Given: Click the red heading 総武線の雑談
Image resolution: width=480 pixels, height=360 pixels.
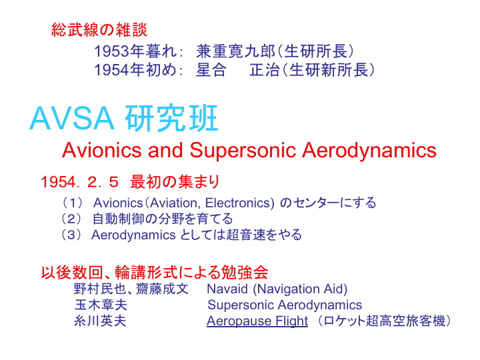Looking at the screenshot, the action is coord(99,30).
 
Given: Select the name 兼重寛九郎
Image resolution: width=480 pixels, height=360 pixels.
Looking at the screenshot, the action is coord(236,51).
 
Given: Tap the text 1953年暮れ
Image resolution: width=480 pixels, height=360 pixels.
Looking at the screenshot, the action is coord(135,51).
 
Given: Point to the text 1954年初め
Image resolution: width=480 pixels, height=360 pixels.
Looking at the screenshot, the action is coord(135,70).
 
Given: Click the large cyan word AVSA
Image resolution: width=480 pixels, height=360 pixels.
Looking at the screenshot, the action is coord(72,119).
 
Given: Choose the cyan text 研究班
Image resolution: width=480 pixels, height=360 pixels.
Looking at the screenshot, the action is coord(171,118).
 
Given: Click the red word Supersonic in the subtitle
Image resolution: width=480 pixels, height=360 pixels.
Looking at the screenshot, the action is coord(243,151).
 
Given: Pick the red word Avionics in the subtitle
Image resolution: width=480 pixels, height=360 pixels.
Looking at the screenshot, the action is coord(101,150).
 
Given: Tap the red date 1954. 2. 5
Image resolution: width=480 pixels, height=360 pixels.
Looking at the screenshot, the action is coord(79,182).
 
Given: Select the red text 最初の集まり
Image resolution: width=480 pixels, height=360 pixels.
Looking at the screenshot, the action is coord(175,181).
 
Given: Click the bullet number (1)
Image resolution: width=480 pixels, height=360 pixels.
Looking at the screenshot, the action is coord(72,203).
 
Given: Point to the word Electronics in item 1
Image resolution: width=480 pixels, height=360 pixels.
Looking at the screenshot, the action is coord(240,203).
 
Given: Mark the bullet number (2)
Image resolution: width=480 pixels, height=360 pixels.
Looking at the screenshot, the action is coord(71,219).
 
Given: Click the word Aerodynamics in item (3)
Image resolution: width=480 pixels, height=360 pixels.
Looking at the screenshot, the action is coord(133,235).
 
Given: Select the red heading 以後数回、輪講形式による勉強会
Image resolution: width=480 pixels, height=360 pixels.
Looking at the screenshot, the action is coord(155,272).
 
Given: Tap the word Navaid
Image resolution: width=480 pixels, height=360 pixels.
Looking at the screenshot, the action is coord(227,289).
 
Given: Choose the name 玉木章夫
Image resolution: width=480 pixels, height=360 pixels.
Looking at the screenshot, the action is coord(101,305).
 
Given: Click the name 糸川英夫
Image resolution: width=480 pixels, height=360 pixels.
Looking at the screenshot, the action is coord(100,321).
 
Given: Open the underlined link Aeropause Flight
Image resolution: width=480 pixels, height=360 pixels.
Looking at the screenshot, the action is coord(257,321).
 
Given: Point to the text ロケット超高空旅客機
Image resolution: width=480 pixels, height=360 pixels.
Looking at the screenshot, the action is coord(384,321).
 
